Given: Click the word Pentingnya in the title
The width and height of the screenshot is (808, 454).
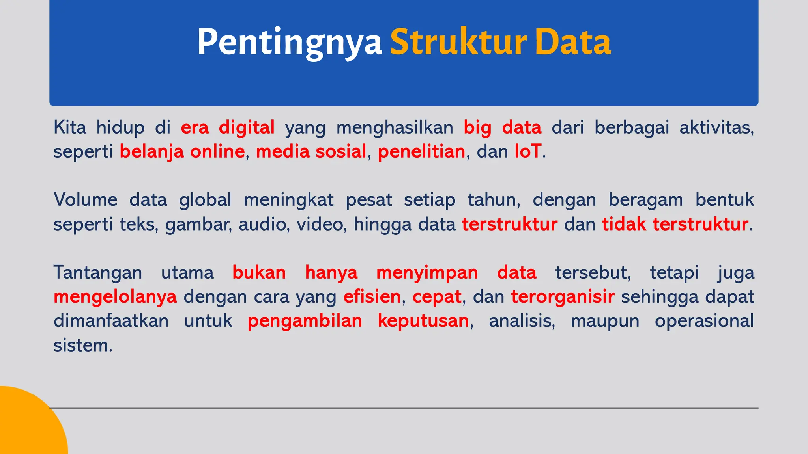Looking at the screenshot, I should click(289, 43).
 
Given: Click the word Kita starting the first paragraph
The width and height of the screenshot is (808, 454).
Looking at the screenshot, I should click(70, 127).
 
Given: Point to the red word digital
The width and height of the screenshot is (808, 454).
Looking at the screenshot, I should click(247, 127).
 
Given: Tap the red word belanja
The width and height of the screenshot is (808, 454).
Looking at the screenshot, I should click(151, 152).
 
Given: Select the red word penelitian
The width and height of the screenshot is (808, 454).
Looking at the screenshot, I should click(421, 152).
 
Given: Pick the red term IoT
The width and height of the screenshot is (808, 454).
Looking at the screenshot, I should click(528, 152).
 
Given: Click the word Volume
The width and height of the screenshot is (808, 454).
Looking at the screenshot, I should click(86, 199).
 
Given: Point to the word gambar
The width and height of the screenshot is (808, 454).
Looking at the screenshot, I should click(198, 225).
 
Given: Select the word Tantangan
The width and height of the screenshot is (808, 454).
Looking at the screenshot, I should click(98, 272).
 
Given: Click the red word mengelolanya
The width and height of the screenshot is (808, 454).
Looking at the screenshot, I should click(115, 297).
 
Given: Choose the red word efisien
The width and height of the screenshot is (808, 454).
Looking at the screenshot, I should click(372, 296).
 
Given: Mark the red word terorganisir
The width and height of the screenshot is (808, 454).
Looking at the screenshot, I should click(563, 297).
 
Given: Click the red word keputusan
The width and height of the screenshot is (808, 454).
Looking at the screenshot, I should click(423, 321).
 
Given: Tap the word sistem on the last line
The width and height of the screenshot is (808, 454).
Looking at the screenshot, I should click(83, 345).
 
